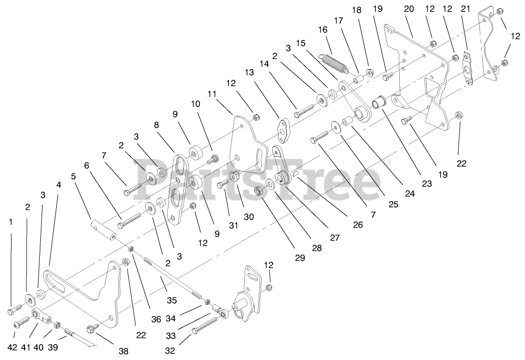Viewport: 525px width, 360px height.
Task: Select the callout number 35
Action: coord(171,300)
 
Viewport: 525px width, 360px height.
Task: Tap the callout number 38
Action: coord(124,351)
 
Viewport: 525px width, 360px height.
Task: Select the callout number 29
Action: coord(300,258)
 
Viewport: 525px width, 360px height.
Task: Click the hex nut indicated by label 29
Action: coord(258,192)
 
